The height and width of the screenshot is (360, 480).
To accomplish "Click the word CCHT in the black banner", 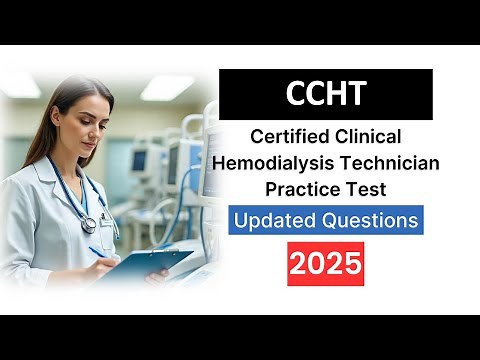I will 326,96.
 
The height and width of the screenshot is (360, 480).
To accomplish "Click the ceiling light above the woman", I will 167,86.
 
